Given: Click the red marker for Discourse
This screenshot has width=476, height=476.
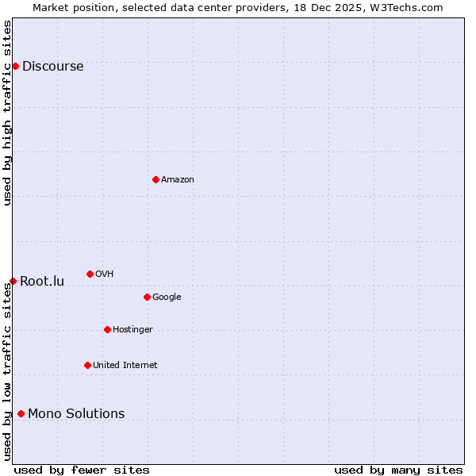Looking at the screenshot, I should [x=15, y=66].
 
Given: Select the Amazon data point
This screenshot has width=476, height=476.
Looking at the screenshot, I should [x=155, y=179].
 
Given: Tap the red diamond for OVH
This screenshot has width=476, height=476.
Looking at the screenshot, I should [x=90, y=274].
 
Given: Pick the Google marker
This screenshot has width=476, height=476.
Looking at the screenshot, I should [x=147, y=297].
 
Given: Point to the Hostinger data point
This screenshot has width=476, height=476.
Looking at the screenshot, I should [x=107, y=329].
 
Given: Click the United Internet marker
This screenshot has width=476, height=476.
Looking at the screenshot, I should [x=87, y=365].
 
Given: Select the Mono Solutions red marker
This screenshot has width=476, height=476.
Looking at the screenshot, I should [x=21, y=413].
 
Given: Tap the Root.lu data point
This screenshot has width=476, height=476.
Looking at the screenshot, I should [x=13, y=281].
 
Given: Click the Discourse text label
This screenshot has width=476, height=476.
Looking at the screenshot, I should [x=52, y=67].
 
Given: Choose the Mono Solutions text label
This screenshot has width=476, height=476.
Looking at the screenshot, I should [x=76, y=413].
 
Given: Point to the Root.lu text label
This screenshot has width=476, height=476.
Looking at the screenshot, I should [x=42, y=282].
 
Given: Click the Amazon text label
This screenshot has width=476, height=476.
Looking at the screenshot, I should [x=178, y=180].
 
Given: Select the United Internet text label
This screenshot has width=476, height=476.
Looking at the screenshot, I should [x=125, y=366].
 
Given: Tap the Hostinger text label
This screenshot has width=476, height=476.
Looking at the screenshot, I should [x=132, y=330].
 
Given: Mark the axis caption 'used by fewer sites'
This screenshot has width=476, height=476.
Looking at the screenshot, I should [x=82, y=470].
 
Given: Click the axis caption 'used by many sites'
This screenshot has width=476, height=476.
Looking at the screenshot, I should [x=398, y=470].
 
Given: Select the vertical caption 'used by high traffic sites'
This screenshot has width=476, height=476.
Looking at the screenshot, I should [x=7, y=113].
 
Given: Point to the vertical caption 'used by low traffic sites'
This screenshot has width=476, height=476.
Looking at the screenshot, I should [x=7, y=371].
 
